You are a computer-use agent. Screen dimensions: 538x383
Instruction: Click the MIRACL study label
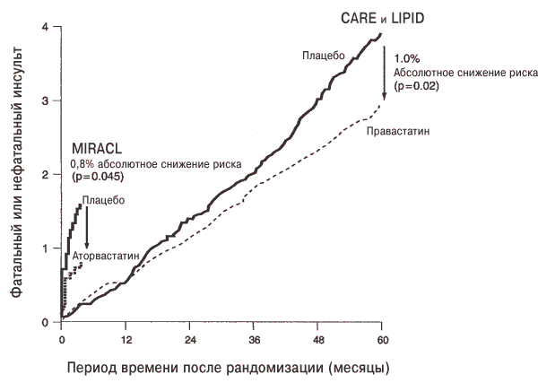[97, 149]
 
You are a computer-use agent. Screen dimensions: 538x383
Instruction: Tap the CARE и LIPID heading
[382, 18]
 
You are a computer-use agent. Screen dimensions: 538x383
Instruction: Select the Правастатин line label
[398, 132]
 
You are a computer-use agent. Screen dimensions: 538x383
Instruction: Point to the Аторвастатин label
[106, 256]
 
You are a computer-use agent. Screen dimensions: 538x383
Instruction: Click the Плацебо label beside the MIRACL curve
[103, 200]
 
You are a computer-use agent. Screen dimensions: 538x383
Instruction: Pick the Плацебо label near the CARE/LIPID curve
[323, 56]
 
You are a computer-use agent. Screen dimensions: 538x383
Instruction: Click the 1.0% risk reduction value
[406, 59]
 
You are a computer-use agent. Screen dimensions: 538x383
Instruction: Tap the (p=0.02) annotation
[416, 86]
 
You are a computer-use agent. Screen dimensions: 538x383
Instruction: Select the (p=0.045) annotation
[97, 177]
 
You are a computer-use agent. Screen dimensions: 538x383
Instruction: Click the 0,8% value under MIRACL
[82, 164]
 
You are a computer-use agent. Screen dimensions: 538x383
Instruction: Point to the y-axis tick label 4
[46, 26]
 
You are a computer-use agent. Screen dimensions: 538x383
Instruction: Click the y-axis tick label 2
[46, 175]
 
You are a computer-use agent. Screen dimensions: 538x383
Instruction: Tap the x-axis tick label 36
[255, 340]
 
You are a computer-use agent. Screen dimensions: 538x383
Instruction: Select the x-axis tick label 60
[383, 340]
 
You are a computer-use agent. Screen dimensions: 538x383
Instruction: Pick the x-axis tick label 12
[126, 340]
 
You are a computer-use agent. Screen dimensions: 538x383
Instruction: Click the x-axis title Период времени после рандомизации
[195, 369]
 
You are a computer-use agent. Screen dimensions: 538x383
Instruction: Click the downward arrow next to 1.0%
[385, 73]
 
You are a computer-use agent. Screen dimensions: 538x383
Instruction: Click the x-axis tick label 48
[318, 340]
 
